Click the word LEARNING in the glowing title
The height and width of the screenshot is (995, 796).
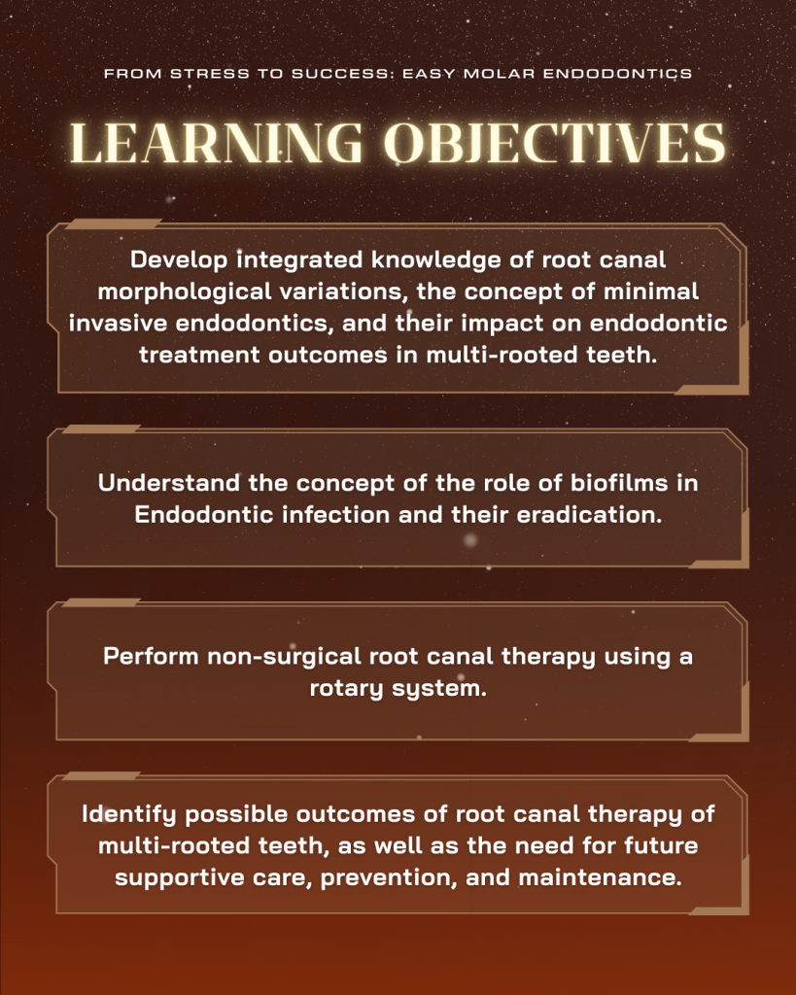point(216,143)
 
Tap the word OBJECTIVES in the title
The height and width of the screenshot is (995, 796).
point(555,143)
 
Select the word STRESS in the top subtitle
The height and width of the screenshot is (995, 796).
point(210,74)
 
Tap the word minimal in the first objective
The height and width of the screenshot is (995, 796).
point(650,292)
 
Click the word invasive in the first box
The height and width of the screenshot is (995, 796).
point(118,323)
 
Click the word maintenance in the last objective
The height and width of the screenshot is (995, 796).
point(600,877)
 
